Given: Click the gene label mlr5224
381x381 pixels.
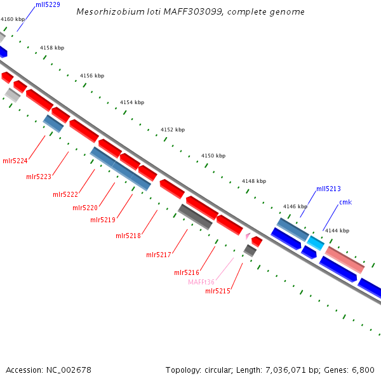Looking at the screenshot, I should click(x=15, y=161).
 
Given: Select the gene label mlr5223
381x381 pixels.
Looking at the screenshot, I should click(x=39, y=177).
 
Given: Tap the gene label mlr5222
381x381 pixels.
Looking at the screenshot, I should click(x=65, y=194).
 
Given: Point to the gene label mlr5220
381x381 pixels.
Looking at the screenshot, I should click(x=85, y=208).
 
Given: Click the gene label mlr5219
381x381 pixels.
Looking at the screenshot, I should click(x=103, y=220).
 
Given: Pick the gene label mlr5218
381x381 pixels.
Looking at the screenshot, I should click(x=128, y=236).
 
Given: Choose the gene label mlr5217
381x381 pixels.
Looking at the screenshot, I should click(x=159, y=255).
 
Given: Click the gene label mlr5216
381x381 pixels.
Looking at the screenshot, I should click(x=187, y=272).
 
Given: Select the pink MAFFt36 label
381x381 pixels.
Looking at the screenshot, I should click(x=201, y=282).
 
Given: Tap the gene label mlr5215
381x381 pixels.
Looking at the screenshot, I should click(x=218, y=291).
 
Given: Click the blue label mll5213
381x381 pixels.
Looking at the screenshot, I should click(x=328, y=189).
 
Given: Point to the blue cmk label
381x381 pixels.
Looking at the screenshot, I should click(x=345, y=202).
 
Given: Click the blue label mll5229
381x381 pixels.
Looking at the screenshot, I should click(x=48, y=4).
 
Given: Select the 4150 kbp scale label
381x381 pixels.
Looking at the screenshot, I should click(x=213, y=156).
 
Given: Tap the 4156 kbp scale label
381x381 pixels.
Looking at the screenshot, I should click(x=92, y=76).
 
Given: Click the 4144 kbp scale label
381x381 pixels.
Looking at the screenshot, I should click(x=337, y=231).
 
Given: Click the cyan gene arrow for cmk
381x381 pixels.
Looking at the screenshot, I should click(x=316, y=243).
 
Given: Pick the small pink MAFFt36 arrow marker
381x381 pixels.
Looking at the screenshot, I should click(x=248, y=236).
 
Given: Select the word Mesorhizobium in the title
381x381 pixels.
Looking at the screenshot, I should click(x=105, y=11).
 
